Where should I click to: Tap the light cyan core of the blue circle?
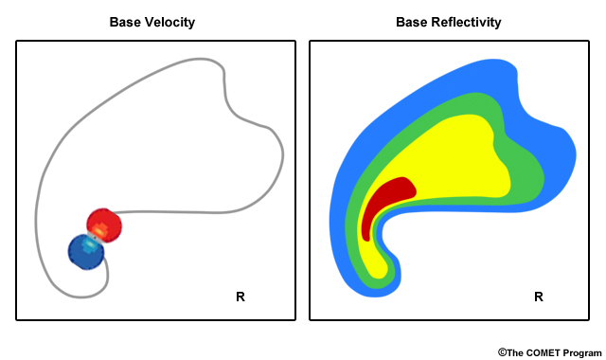click(x=90, y=244)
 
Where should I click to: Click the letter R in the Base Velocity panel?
click(x=241, y=297)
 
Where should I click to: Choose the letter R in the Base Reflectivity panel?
click(x=539, y=297)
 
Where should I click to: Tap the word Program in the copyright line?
click(x=579, y=351)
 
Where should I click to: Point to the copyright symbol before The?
click(x=502, y=351)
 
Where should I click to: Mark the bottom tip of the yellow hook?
click(x=381, y=276)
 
